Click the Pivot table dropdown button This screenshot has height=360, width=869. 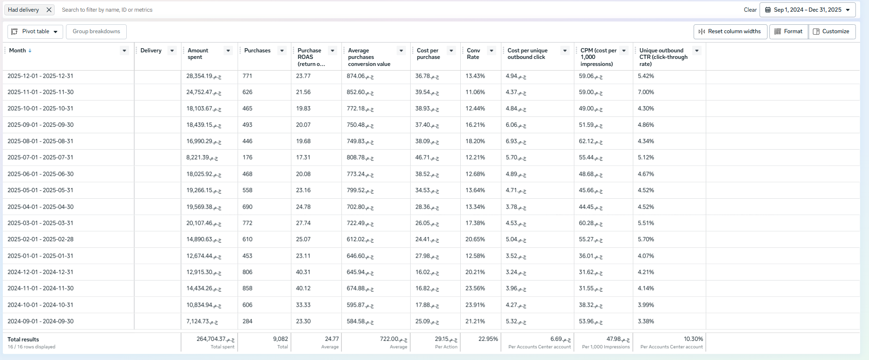click(35, 32)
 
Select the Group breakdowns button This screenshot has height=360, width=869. click(96, 32)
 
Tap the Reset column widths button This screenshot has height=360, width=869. click(730, 32)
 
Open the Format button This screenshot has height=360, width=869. click(789, 32)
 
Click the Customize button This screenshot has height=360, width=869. click(832, 32)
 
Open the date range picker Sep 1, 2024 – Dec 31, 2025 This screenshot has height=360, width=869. click(807, 10)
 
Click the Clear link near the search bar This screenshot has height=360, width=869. click(750, 10)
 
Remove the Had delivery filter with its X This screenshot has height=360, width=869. click(49, 10)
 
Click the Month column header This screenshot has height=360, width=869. click(18, 50)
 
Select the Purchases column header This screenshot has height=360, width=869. click(257, 50)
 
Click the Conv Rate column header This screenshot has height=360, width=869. click(473, 54)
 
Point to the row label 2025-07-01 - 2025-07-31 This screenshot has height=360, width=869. click(40, 158)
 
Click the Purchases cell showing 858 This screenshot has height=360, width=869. click(247, 288)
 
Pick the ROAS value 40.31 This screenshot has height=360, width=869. click(303, 272)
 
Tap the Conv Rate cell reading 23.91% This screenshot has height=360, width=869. click(475, 305)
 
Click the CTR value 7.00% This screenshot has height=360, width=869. click(646, 93)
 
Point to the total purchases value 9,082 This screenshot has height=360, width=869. click(280, 339)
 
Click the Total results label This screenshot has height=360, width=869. click(23, 339)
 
